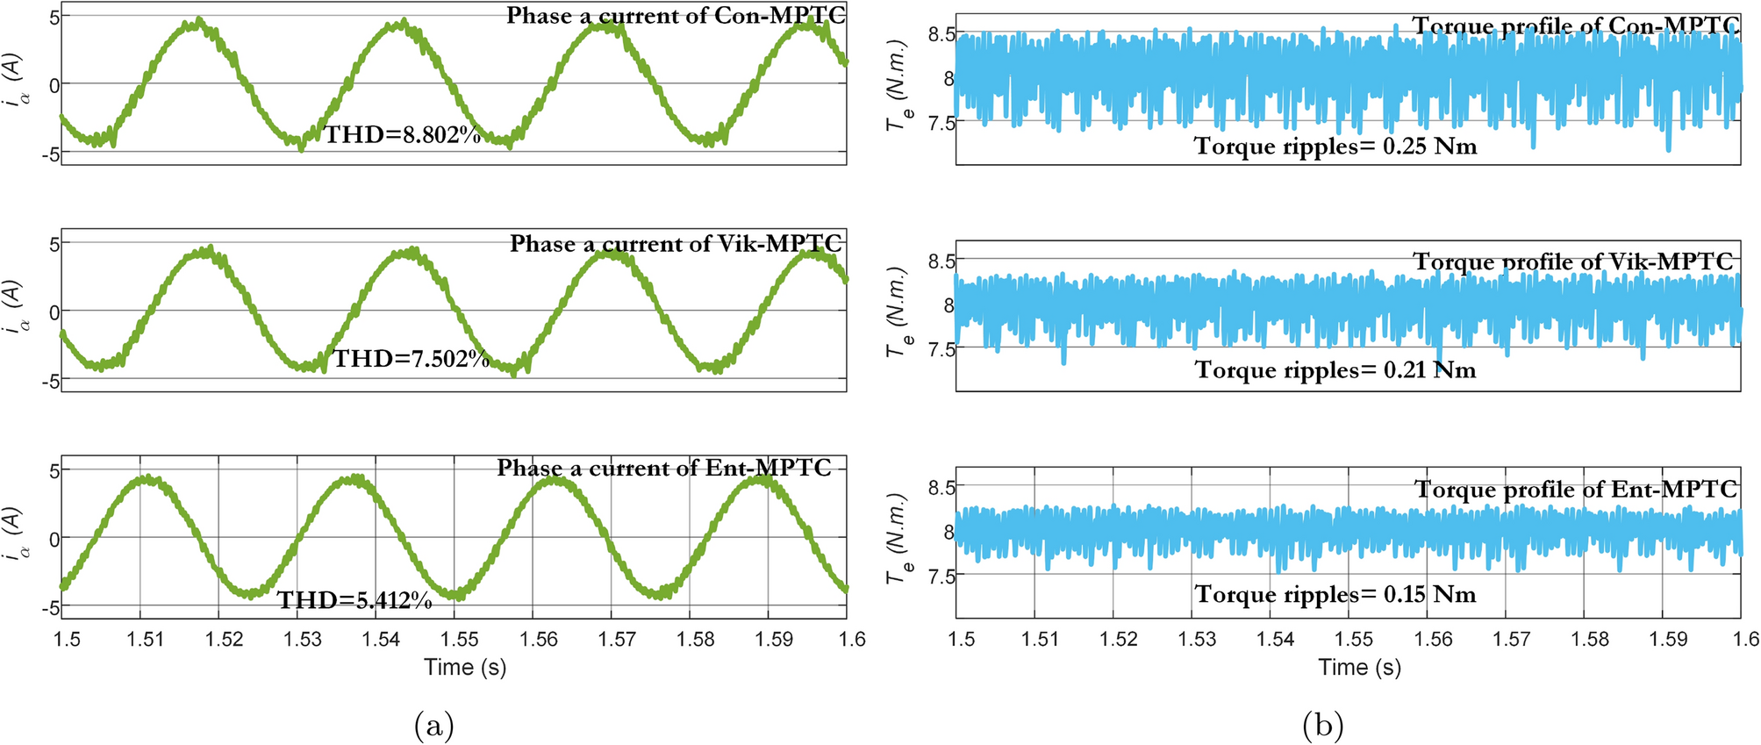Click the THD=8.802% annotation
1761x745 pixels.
[x=403, y=135]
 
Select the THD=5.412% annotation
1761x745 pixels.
[x=354, y=600]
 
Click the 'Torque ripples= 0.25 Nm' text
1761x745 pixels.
[x=1335, y=146]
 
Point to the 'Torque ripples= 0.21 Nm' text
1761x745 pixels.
[x=1335, y=370]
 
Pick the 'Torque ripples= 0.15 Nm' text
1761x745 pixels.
[x=1335, y=595]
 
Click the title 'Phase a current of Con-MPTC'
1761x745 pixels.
[x=676, y=16]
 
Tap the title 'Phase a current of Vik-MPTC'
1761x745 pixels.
[x=676, y=243]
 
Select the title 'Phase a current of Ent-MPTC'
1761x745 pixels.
[x=664, y=468]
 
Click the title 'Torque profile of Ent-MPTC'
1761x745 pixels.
[x=1576, y=490]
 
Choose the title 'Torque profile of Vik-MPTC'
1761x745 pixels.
[x=1573, y=261]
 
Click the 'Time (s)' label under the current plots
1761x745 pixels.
[x=465, y=667]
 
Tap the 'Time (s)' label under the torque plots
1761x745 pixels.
[x=1359, y=667]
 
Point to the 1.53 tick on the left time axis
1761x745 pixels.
[x=303, y=639]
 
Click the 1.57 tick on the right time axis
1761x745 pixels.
[x=1511, y=639]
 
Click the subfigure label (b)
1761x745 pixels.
[x=1323, y=725]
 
